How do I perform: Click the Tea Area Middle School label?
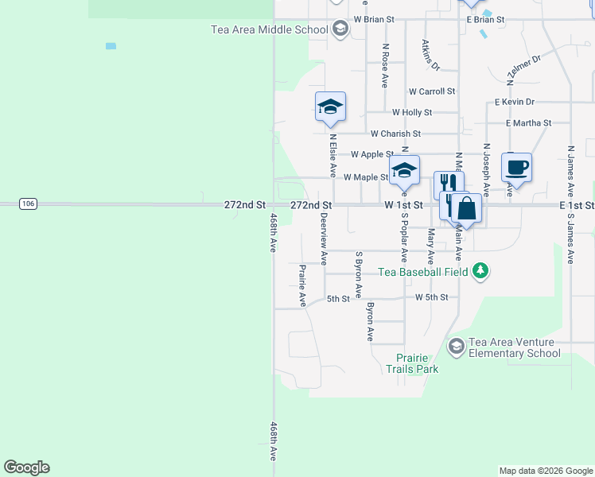pyautogui.click(x=269, y=30)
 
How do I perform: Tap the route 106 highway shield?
pyautogui.click(x=28, y=204)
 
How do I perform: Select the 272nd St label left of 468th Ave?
pyautogui.click(x=245, y=205)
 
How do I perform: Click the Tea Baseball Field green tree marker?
pyautogui.click(x=480, y=271)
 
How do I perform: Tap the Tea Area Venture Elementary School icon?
pyautogui.click(x=456, y=346)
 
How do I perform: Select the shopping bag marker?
pyautogui.click(x=467, y=209)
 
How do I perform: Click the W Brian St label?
pyautogui.click(x=375, y=18)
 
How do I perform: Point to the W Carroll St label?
pyautogui.click(x=432, y=92)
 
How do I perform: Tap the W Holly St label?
pyautogui.click(x=412, y=113)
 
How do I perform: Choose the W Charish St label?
pyautogui.click(x=395, y=134)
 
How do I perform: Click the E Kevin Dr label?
pyautogui.click(x=514, y=102)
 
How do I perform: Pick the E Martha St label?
pyautogui.click(x=529, y=122)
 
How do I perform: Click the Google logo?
pyautogui.click(x=27, y=467)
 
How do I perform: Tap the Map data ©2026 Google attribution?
pyautogui.click(x=546, y=471)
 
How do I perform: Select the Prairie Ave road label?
pyautogui.click(x=302, y=285)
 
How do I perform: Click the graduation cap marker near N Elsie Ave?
pyautogui.click(x=330, y=107)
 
